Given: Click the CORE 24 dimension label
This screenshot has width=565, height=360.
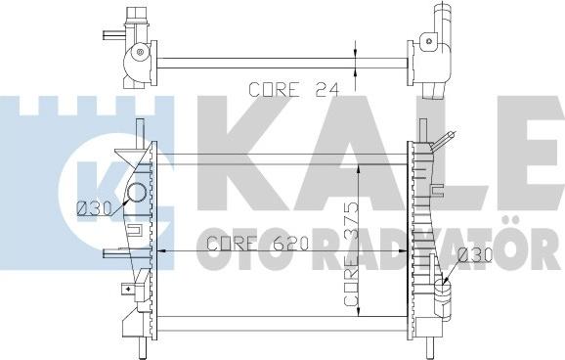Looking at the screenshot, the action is click(x=293, y=89).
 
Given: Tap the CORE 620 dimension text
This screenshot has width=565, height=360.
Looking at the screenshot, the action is click(x=258, y=244).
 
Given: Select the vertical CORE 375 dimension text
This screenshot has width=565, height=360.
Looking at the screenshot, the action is click(x=351, y=254).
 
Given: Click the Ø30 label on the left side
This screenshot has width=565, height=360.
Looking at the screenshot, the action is click(x=95, y=208).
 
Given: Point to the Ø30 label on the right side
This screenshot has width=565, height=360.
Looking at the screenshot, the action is click(x=475, y=255).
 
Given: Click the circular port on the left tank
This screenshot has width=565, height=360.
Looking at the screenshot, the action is click(x=137, y=193).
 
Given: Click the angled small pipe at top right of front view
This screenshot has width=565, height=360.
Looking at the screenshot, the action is click(x=443, y=142).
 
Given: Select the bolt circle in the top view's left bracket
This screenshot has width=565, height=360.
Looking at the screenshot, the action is click(x=140, y=52).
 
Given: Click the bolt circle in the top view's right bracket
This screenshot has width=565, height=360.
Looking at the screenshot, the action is click(x=429, y=41).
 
